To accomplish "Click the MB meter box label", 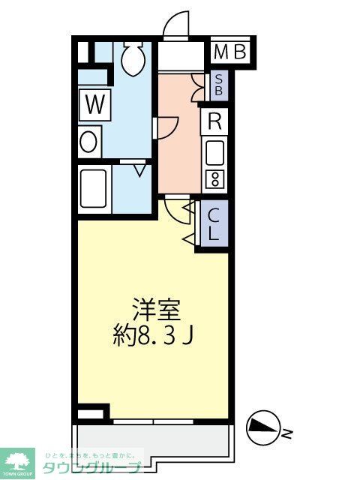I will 230,52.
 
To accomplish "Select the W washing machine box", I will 94,104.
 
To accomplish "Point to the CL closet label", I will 214,224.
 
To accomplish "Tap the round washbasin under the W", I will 89,141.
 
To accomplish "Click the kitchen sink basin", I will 214,153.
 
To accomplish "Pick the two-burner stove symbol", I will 214,179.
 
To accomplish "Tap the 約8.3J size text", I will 157,335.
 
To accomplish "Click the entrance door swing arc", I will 176,23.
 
